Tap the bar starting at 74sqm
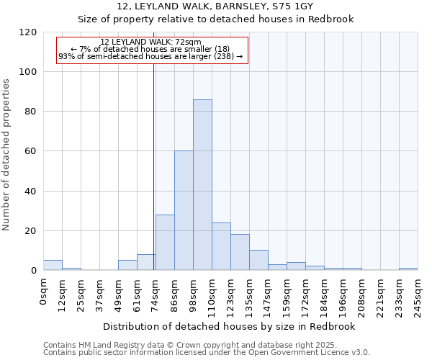(x=165, y=242)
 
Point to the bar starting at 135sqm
(x=258, y=260)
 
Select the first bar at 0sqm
(x=53, y=265)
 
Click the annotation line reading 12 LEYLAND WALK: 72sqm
(x=150, y=42)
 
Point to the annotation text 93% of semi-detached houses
(x=150, y=56)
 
